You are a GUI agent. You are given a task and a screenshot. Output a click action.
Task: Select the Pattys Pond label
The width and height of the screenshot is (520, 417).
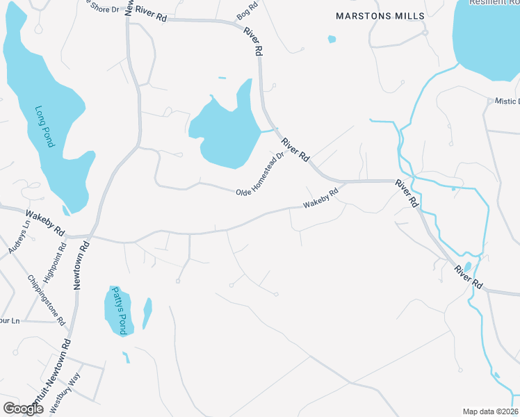[x=118, y=311]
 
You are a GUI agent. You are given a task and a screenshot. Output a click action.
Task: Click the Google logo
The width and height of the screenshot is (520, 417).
[x=23, y=409]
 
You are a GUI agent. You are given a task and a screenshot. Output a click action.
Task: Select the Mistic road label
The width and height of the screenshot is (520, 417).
[x=507, y=101]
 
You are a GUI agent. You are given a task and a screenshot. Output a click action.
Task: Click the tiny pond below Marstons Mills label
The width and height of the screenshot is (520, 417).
[x=332, y=39]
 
